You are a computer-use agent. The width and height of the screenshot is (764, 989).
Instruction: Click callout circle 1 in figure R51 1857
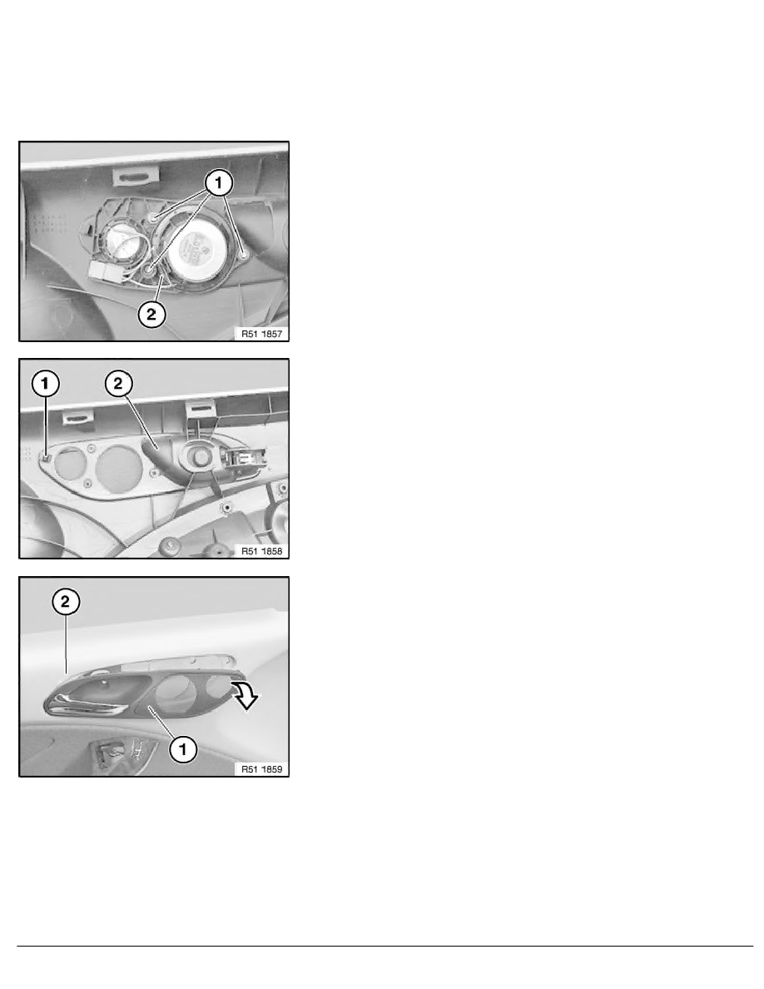coord(219,183)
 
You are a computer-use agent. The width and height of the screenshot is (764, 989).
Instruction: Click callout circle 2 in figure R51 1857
coord(151,314)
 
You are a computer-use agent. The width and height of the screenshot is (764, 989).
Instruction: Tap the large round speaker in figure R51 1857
coord(196,246)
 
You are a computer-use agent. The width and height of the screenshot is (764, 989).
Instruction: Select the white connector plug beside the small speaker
coord(106,271)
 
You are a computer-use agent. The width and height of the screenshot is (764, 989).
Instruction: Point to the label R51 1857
coord(261,334)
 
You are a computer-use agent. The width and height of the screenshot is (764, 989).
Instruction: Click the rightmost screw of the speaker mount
coord(244,256)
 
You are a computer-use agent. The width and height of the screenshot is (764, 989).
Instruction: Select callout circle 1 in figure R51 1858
coord(46,384)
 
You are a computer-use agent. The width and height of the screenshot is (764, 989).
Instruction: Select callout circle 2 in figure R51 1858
coord(118,383)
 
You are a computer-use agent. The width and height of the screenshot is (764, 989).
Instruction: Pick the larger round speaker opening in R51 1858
coord(119,469)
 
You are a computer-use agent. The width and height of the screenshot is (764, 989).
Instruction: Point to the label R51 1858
coord(261,551)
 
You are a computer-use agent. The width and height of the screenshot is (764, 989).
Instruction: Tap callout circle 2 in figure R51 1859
coord(66,601)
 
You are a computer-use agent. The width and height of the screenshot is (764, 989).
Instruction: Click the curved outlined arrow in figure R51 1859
coord(245,694)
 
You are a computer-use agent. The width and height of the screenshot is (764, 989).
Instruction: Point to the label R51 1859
coord(261,769)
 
